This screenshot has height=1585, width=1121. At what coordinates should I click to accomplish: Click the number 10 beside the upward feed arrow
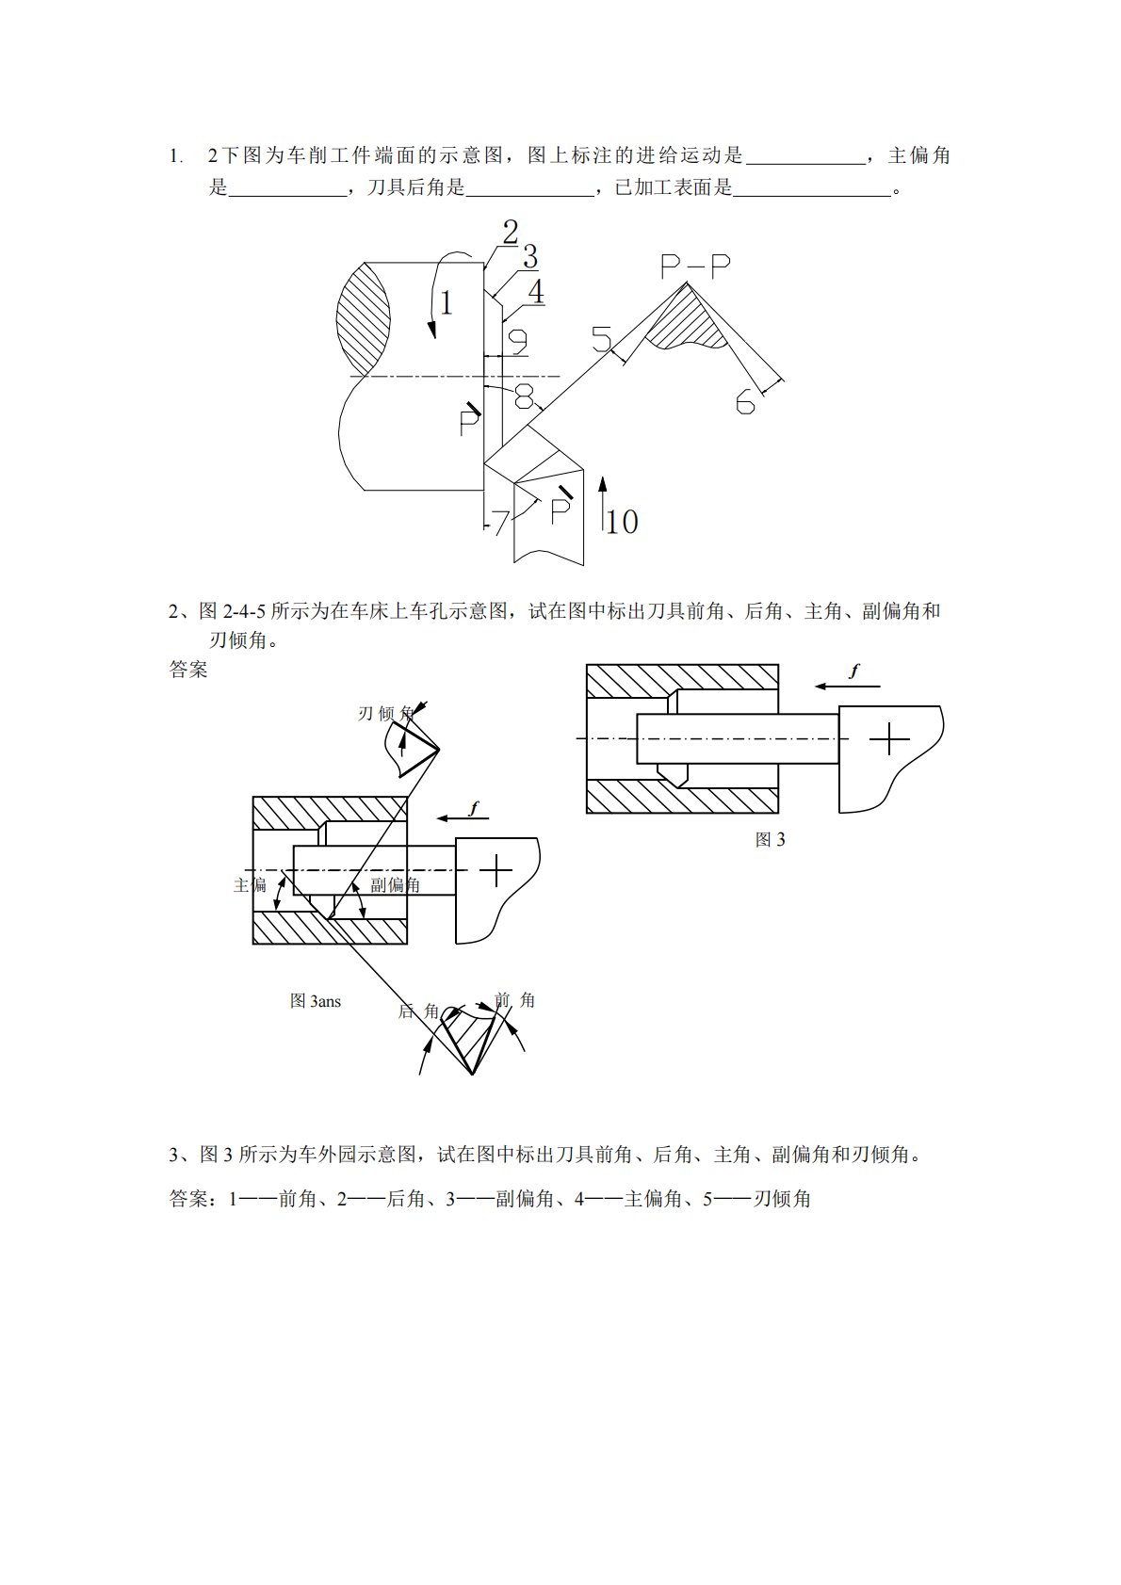coord(622,522)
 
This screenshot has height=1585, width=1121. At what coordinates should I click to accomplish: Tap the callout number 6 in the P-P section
coord(745,403)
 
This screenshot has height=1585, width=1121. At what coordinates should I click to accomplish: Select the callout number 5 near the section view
coord(601,337)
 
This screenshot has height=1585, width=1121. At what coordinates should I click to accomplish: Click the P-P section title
coord(695,268)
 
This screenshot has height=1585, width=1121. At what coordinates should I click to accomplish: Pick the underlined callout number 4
coord(535,292)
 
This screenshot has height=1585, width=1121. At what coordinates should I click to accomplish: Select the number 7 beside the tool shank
coord(500,522)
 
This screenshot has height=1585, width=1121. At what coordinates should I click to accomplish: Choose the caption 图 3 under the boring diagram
coord(770,840)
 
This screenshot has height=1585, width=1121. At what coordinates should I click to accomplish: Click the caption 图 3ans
coord(316,1001)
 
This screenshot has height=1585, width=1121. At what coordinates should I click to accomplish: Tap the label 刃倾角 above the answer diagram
coord(385,714)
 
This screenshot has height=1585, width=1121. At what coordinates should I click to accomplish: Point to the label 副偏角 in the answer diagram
coord(396,884)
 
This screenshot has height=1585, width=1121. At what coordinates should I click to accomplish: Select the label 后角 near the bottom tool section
coord(418,1011)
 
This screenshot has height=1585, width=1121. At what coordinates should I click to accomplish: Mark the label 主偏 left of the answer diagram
coord(251,884)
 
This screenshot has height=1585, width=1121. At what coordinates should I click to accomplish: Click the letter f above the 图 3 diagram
coord(854,671)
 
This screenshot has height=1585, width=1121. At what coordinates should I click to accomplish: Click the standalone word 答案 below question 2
coord(188,670)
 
